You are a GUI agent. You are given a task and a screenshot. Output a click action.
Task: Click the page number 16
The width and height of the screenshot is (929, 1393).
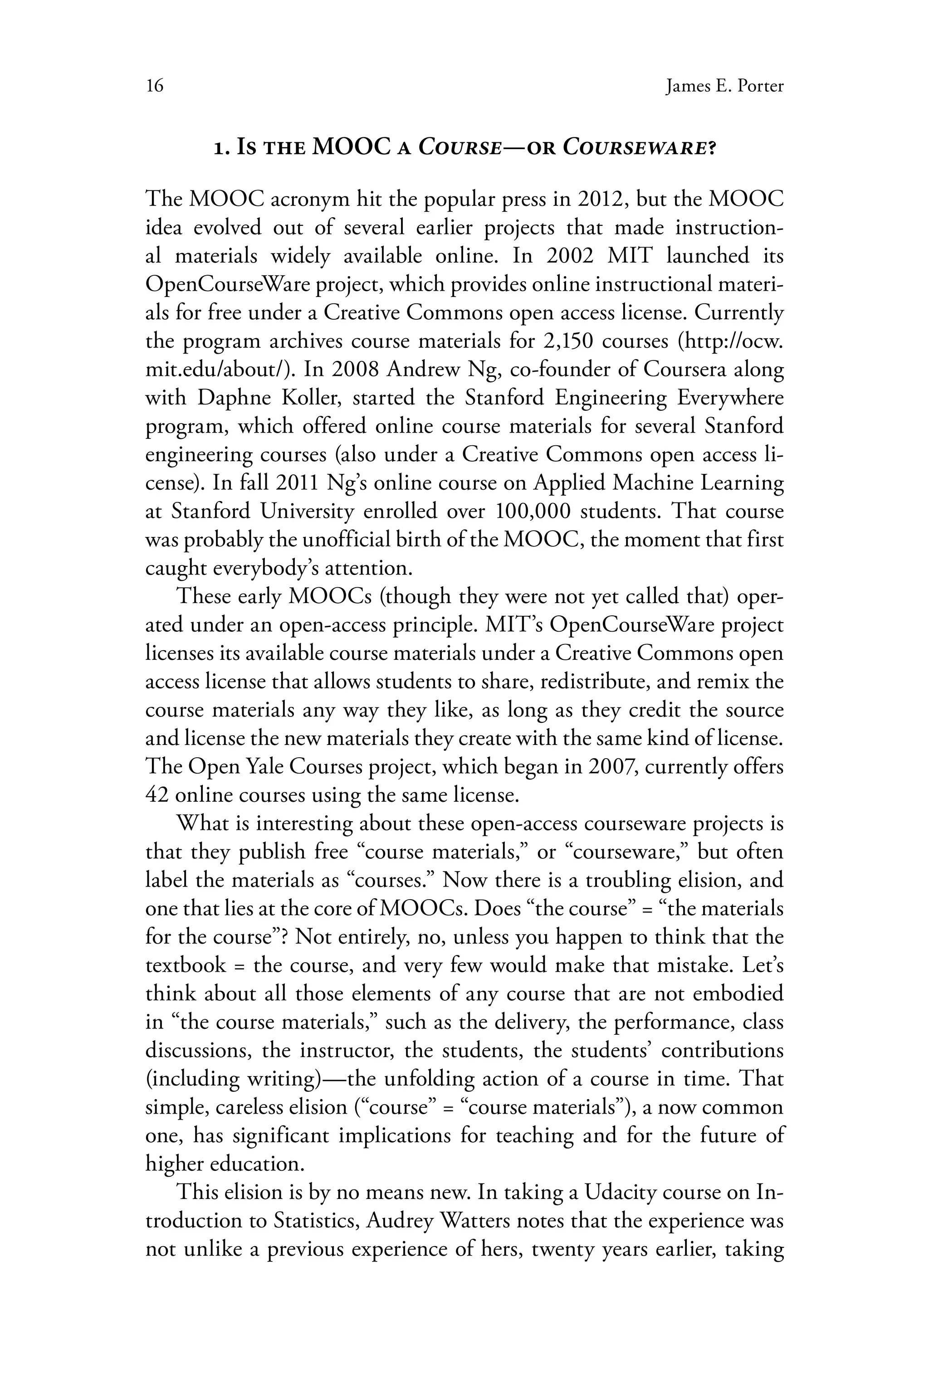pyautogui.click(x=154, y=87)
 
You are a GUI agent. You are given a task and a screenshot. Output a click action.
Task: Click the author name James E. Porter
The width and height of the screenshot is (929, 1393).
pyautogui.click(x=724, y=87)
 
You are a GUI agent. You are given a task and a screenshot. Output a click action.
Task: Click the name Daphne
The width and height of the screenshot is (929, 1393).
pyautogui.click(x=230, y=398)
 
